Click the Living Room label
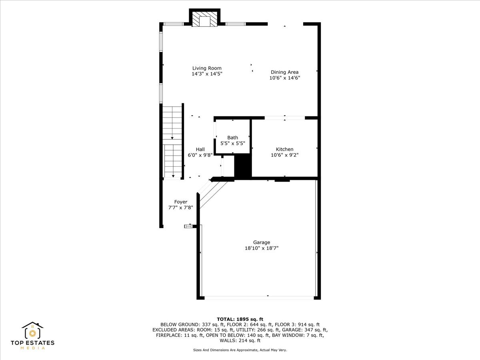tap(207, 68)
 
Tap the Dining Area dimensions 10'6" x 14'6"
tap(284, 78)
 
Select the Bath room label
tap(232, 138)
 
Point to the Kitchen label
tap(284, 149)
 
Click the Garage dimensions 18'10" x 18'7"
tap(261, 248)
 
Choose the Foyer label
tap(181, 202)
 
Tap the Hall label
tap(200, 149)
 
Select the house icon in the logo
tap(32, 330)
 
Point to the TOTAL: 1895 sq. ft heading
tap(240, 319)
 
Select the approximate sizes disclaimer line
tap(240, 350)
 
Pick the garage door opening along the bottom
tap(259, 298)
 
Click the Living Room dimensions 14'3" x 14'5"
tap(207, 74)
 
